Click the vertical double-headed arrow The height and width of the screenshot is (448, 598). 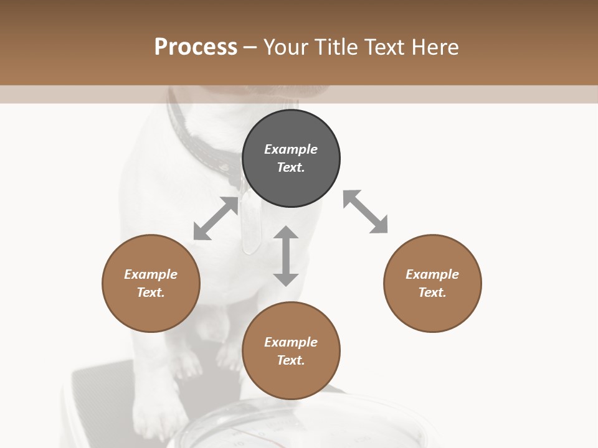286,256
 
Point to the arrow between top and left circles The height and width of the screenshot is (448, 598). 216,218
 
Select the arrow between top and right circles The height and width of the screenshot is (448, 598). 365,212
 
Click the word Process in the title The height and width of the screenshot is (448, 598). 196,47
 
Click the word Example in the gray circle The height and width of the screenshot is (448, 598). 291,149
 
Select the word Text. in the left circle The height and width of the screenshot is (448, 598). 151,292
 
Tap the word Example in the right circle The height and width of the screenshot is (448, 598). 432,274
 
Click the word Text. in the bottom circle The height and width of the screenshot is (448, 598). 291,360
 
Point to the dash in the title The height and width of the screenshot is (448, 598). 250,47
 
